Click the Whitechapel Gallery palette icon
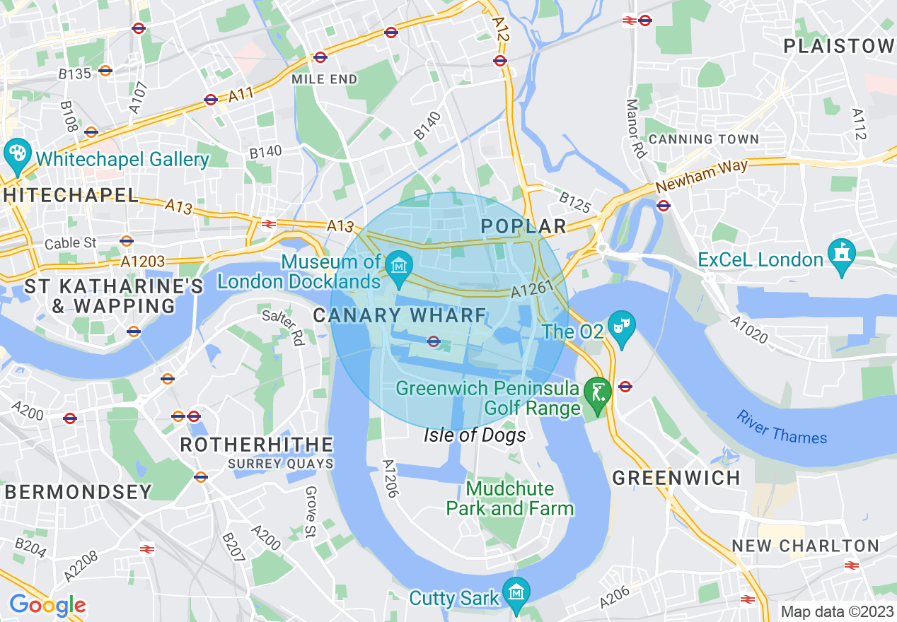[15, 153]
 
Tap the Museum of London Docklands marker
[399, 267]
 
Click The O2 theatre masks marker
[622, 326]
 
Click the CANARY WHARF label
[400, 315]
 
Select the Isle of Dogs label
[475, 435]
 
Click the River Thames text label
[781, 427]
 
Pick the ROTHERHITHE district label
[257, 445]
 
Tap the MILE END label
[325, 79]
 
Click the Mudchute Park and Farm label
[509, 498]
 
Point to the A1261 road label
[530, 291]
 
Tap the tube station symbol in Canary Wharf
[434, 342]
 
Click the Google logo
[47, 605]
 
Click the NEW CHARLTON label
[805, 546]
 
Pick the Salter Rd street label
[282, 327]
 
